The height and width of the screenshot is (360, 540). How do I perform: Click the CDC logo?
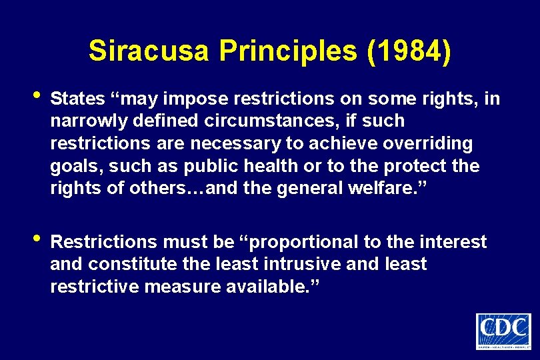tap(503, 331)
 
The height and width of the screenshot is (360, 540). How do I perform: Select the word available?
tap(271, 287)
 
